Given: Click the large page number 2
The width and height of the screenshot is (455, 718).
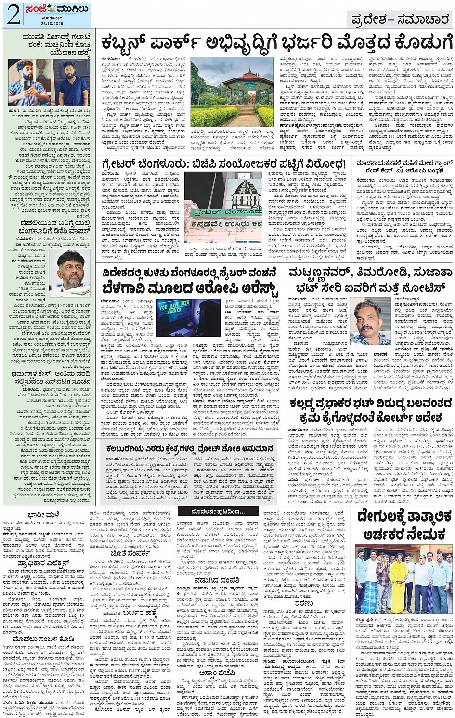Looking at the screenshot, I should coord(13,15).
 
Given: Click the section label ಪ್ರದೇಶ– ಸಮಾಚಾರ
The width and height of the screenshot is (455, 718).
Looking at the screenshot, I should coord(400,20).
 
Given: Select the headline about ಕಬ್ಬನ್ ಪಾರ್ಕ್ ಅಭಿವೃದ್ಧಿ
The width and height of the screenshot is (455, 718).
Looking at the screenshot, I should coord(274,43).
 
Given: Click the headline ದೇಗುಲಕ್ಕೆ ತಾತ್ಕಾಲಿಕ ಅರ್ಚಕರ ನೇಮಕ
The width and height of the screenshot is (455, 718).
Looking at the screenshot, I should coord(404,525).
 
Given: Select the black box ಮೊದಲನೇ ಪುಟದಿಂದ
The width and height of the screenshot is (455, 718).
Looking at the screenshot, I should coord(211,511).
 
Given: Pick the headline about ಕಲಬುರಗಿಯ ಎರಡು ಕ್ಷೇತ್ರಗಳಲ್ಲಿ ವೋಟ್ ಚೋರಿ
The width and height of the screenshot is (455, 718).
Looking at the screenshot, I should coord(190,449).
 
